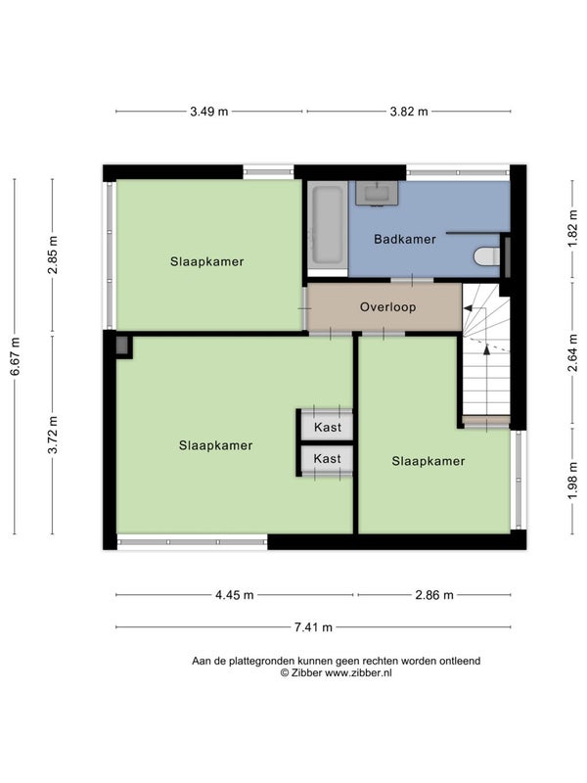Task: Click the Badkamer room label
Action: point(405,239)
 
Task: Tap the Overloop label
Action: point(387,306)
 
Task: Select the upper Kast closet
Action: point(327,427)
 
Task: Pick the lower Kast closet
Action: point(327,458)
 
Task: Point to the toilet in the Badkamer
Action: point(486,256)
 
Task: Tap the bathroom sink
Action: point(377,193)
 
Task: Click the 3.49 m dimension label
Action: point(209,112)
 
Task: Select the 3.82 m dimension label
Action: point(409,112)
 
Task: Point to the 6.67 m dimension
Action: point(15,356)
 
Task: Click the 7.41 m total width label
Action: point(313,627)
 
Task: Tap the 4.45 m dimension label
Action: point(235,595)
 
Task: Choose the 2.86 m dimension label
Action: point(434,595)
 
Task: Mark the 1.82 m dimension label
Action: point(572,229)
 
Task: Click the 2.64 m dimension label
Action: point(572,352)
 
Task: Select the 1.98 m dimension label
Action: point(572,481)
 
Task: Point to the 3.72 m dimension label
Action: point(53,435)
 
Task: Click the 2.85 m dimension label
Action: point(53,254)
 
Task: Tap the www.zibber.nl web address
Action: point(358,673)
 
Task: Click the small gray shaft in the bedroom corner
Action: point(121,345)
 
